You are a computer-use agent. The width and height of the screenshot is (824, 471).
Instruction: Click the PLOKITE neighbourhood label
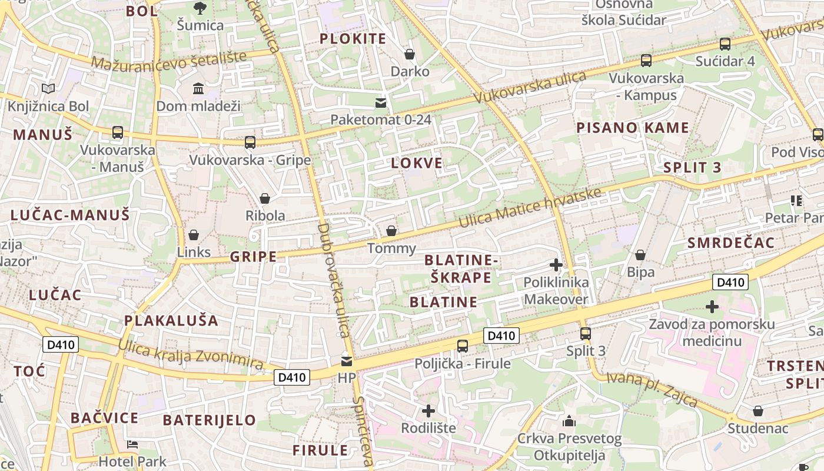(353, 39)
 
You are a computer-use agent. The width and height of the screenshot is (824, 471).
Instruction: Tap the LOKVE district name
(417, 164)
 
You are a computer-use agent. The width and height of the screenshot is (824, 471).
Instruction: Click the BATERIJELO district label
(210, 420)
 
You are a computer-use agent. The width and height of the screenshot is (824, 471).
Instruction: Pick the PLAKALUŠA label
(171, 321)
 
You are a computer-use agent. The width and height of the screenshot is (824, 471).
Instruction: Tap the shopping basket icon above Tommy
(391, 231)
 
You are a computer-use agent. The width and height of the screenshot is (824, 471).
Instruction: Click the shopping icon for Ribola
(265, 198)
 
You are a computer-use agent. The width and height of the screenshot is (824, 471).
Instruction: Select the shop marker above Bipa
(640, 255)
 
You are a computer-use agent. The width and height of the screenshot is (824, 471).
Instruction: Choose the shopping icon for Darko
(410, 54)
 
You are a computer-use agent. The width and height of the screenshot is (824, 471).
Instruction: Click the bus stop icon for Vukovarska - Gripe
(250, 142)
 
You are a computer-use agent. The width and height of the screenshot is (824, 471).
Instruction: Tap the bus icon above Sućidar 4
(725, 44)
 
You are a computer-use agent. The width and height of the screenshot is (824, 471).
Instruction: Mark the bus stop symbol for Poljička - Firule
(463, 346)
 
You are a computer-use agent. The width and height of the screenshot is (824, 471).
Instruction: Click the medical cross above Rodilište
(428, 410)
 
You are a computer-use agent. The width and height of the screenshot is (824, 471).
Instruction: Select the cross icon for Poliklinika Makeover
(556, 265)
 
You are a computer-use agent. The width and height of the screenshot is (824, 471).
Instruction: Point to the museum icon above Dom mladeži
(198, 89)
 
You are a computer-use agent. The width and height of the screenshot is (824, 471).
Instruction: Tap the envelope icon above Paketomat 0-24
(381, 103)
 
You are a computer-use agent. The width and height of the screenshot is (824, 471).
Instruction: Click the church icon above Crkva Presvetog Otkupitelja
(569, 421)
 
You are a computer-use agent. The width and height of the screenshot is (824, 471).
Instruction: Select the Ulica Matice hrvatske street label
(530, 210)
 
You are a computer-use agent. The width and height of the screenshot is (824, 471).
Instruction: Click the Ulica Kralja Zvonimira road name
(191, 355)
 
